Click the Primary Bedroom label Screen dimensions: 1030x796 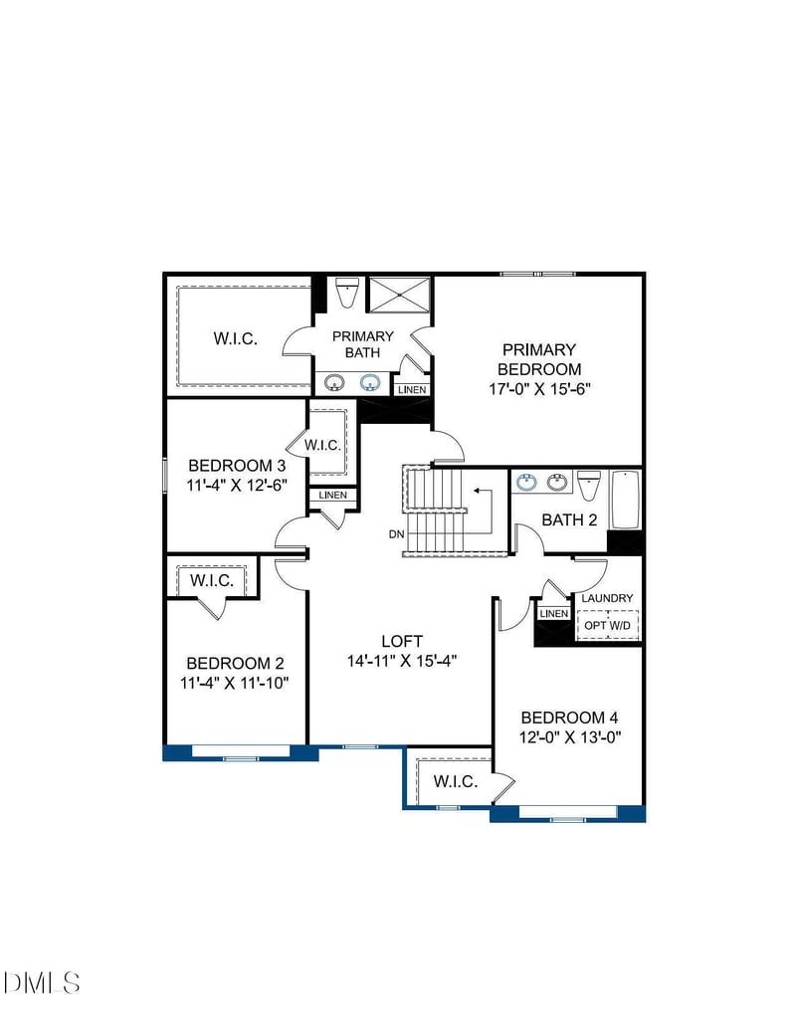click(538, 359)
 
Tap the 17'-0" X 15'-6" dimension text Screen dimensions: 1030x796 click(538, 389)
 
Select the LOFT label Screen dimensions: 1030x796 click(402, 642)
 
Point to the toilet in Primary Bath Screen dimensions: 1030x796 click(346, 294)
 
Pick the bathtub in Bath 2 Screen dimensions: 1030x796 click(625, 501)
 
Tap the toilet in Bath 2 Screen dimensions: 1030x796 click(588, 486)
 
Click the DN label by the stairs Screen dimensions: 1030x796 click(396, 534)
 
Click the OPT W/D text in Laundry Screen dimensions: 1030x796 click(608, 624)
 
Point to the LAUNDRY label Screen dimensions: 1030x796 click(607, 598)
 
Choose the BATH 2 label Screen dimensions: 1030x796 click(569, 519)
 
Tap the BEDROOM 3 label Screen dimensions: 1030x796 click(237, 465)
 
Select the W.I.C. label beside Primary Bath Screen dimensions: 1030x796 click(235, 338)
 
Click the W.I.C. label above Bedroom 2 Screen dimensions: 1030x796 click(211, 580)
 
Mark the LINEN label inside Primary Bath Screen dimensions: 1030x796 click(411, 390)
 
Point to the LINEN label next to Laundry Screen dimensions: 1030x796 click(554, 614)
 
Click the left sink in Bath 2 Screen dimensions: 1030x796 click(526, 483)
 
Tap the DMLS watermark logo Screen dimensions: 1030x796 click(42, 983)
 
